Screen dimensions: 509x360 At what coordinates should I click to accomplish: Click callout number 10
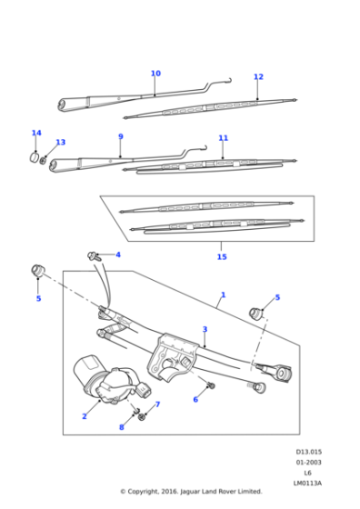pos(155,74)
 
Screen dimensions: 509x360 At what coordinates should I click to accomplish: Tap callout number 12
pos(258,77)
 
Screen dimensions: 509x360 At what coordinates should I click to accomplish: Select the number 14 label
pos(36,134)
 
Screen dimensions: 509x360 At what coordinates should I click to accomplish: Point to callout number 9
pos(120,137)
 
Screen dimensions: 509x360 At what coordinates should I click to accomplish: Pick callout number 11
pos(223,138)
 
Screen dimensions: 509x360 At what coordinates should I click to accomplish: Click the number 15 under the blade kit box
pos(222,257)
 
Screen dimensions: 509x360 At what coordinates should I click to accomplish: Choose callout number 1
pos(223,295)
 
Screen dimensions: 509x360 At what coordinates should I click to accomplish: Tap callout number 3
pos(205,329)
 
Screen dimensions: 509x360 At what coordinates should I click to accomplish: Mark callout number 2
pos(85,416)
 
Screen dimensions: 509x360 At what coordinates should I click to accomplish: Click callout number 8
pos(121,426)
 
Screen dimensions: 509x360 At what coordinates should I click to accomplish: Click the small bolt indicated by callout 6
pos(211,386)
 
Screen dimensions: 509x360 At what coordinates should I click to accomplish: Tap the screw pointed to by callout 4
pos(94,256)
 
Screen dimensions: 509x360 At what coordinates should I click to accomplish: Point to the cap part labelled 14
pos(37,157)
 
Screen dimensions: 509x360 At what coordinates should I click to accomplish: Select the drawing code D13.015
pos(308,452)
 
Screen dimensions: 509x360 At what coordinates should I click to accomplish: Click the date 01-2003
pos(308,463)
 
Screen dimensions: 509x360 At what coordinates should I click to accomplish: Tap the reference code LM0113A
pos(307,483)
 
